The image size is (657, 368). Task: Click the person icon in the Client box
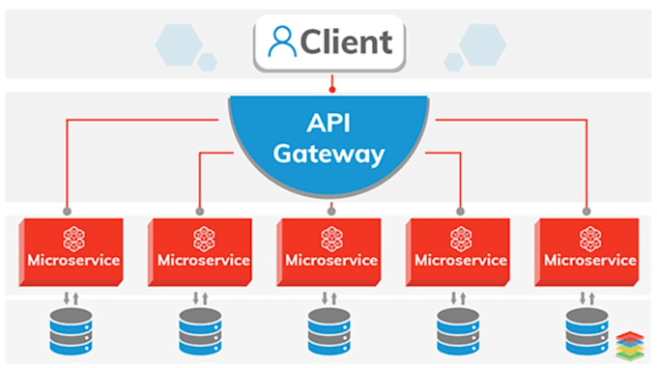tap(282, 42)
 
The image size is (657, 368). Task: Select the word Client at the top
tap(345, 42)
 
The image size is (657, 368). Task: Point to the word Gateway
tap(328, 154)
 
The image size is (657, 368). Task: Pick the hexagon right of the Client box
tap(482, 43)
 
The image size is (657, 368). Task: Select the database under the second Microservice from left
tap(201, 331)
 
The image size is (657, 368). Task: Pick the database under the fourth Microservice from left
tap(458, 331)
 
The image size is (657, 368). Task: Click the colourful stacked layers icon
tap(628, 344)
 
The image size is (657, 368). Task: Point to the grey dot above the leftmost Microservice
tap(68, 210)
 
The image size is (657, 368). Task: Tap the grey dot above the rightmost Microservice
tap(586, 210)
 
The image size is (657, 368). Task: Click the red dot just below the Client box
tap(330, 90)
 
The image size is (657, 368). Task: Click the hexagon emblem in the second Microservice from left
tap(201, 239)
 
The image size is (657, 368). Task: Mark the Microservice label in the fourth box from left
tap(460, 261)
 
